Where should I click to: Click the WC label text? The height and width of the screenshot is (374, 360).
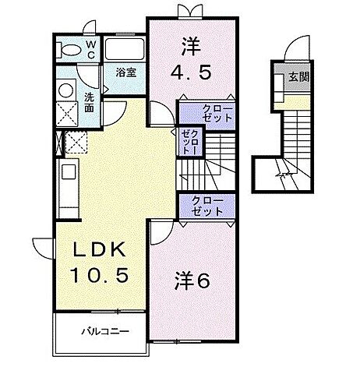pyautogui.click(x=90, y=50)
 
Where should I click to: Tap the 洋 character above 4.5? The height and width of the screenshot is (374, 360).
pyautogui.click(x=189, y=44)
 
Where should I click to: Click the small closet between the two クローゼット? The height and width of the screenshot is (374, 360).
pyautogui.click(x=192, y=145)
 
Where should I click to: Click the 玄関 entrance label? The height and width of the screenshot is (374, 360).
pyautogui.click(x=298, y=77)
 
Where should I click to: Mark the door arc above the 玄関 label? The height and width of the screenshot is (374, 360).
pyautogui.click(x=295, y=51)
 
